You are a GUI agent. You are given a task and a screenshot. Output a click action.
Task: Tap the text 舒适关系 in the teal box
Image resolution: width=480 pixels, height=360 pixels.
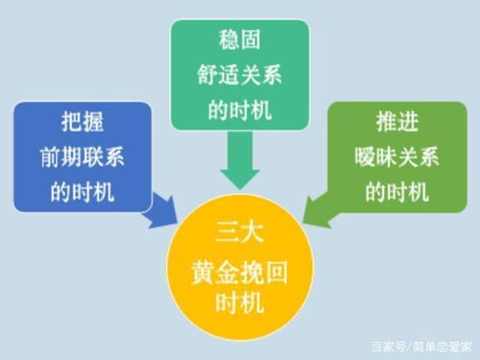click(x=241, y=76)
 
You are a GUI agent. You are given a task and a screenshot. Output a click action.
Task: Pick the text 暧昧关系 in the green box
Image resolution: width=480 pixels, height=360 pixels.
click(x=396, y=157)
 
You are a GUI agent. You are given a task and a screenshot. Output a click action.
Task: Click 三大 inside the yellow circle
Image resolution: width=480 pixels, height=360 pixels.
click(x=240, y=229)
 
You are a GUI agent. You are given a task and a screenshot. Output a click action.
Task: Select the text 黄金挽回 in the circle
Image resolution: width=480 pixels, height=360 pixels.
click(x=240, y=271)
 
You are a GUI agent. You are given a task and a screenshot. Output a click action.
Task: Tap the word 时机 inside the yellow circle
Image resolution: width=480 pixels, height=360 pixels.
click(x=240, y=309)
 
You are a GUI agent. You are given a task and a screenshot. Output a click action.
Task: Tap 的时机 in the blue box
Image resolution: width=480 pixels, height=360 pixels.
click(x=83, y=190)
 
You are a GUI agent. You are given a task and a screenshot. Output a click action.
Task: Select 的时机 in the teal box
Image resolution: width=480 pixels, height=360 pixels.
click(x=241, y=108)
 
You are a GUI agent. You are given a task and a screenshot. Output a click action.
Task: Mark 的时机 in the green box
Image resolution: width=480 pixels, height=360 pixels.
click(x=396, y=189)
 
